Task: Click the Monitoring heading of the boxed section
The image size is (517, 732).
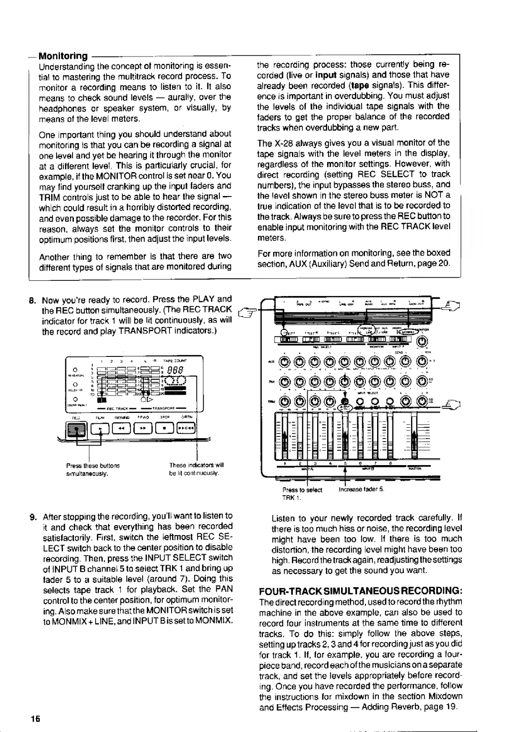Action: pos(63,56)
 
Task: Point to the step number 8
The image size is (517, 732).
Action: pos(32,300)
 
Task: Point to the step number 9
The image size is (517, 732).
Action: pos(33,517)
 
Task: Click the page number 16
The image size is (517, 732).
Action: pos(35,718)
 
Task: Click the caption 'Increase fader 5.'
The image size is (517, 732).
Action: pos(361,490)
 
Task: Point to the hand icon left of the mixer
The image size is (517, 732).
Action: pos(246,310)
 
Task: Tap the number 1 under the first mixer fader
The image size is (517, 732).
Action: pos(285,464)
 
